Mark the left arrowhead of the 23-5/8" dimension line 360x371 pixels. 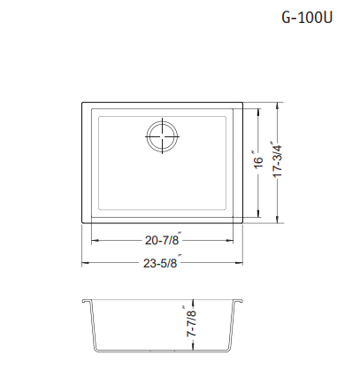(x=86, y=263)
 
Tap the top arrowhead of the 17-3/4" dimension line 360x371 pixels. (x=281, y=106)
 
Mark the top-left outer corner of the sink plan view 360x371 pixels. (x=83, y=104)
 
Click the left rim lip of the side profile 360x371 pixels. (x=84, y=301)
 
